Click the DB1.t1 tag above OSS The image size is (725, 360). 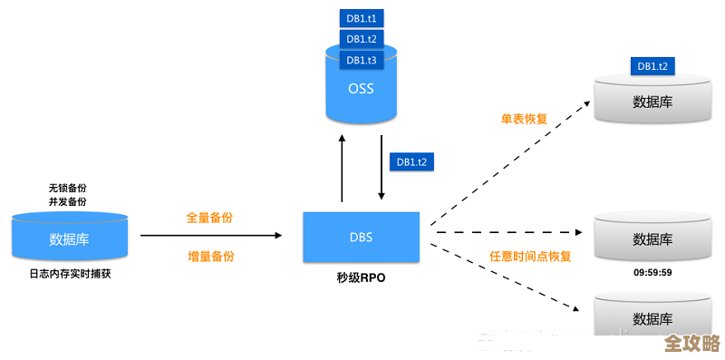[361, 17]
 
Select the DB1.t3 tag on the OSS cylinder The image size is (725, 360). [361, 60]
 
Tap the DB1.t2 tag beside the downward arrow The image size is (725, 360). [412, 161]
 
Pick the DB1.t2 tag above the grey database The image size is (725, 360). [652, 66]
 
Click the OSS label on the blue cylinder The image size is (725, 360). [361, 89]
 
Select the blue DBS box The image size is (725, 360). [361, 238]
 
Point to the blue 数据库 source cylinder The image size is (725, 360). [69, 238]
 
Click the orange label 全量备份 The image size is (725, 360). [209, 218]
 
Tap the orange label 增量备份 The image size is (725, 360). [209, 257]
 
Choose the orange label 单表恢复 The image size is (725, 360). [524, 119]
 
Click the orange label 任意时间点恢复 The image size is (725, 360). [530, 257]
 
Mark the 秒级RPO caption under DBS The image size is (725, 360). [361, 278]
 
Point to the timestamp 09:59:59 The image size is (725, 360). [652, 271]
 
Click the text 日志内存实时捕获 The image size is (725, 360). [69, 273]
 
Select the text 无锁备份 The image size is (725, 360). [68, 188]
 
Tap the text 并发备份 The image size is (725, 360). [68, 201]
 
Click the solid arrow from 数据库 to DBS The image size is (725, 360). [210, 236]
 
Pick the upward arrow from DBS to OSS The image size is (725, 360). [342, 168]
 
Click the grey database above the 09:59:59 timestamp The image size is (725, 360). [652, 239]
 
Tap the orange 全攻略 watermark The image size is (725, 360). [691, 344]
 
